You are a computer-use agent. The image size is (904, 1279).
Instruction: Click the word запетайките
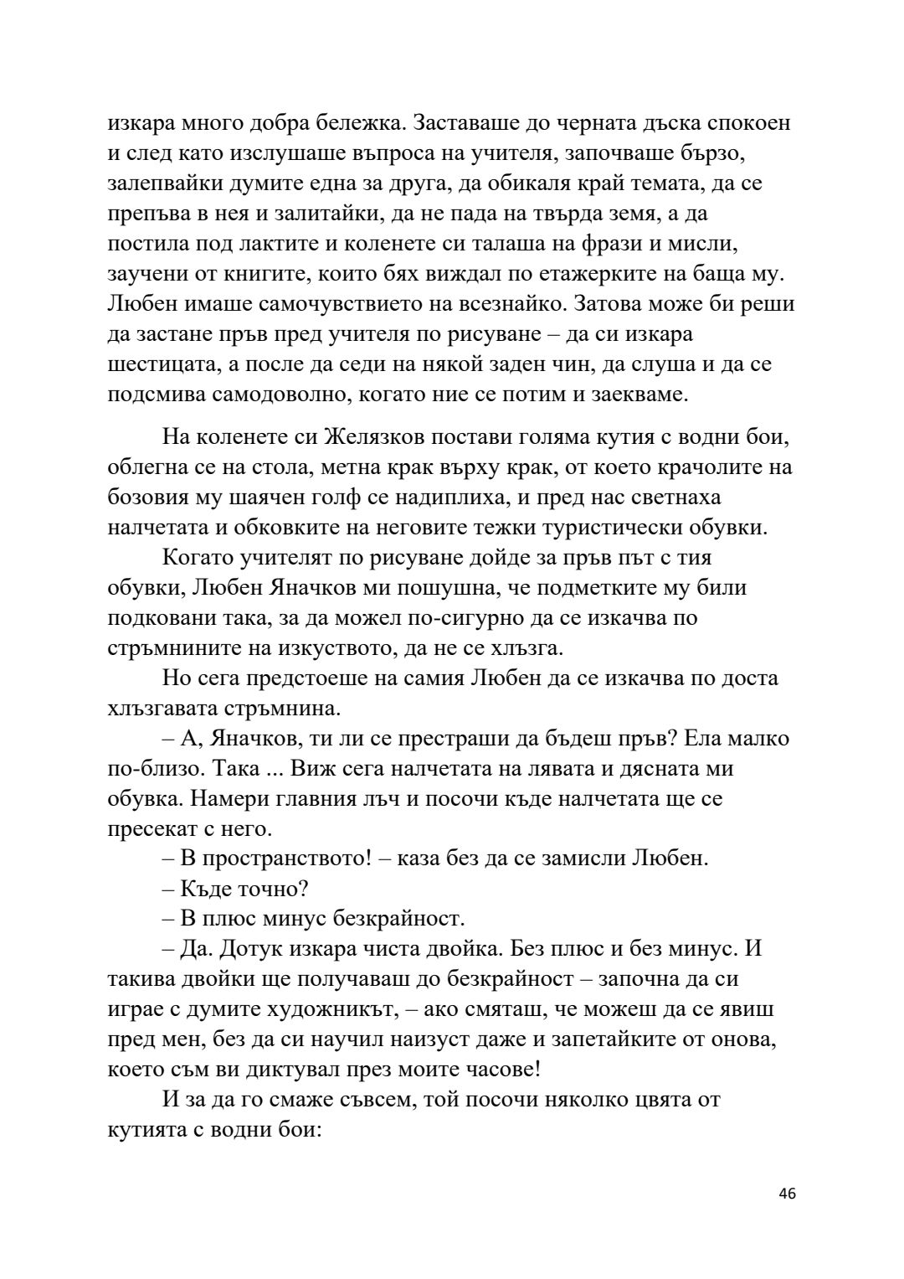point(602,1040)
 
